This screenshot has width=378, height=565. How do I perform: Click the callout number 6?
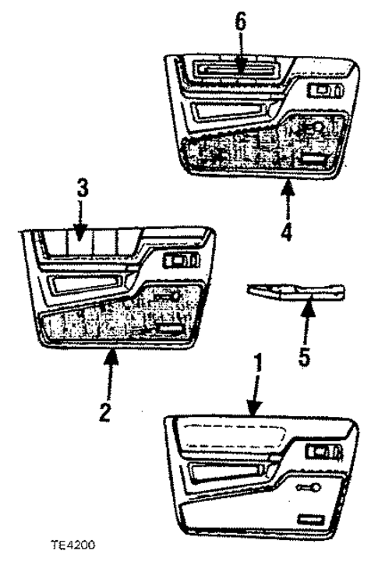click(x=241, y=21)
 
